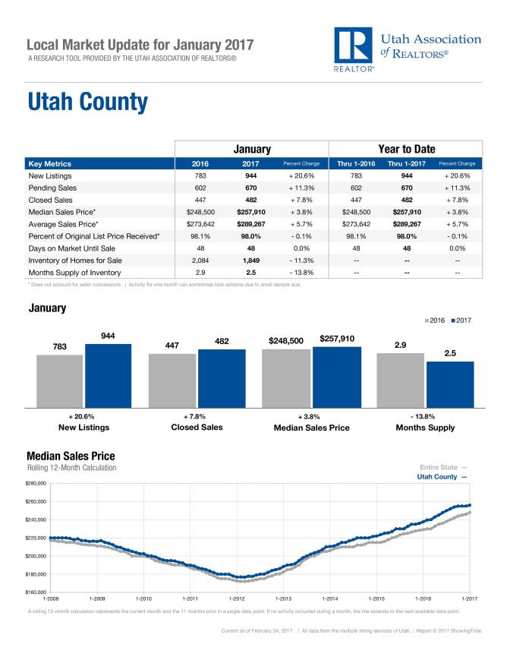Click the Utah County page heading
click(87, 102)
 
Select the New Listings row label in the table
click(49, 175)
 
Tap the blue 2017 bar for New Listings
click(107, 375)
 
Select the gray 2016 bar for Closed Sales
click(172, 380)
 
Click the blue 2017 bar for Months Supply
click(450, 384)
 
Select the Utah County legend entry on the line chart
click(441, 476)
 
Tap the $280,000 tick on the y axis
click(36, 483)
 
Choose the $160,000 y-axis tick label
click(36, 592)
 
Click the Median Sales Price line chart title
click(70, 456)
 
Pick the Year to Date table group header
click(405, 150)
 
